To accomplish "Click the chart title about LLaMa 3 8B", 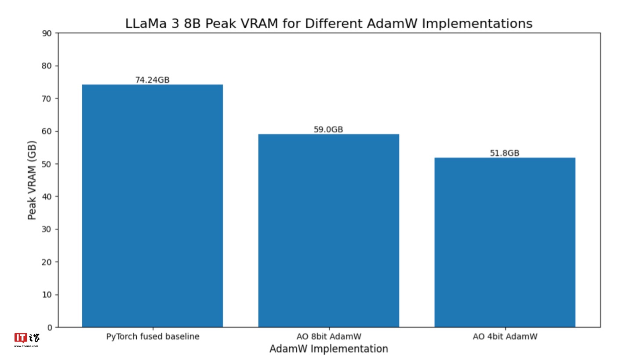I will pos(329,23).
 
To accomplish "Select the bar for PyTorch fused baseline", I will pos(152,206).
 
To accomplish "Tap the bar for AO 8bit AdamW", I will pos(328,230).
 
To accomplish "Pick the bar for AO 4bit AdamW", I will pos(505,242).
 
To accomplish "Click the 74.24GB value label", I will pos(152,80).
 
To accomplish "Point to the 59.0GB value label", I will pos(328,130).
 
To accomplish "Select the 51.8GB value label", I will pos(505,153).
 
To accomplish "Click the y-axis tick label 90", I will pos(47,33).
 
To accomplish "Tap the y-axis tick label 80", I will pos(47,66).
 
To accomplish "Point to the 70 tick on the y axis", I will pos(47,98).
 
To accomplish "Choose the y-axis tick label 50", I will pos(47,164).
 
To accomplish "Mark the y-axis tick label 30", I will pos(47,229).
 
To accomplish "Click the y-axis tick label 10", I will pos(47,295).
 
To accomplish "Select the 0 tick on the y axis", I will pos(49,327).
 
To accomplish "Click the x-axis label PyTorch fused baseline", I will pos(153,337).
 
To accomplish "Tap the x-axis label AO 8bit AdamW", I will pos(329,337).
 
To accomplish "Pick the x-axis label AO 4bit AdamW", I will pos(505,337).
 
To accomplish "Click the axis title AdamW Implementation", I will pos(329,349).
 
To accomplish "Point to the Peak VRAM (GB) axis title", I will pos(32,180).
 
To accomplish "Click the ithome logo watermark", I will pos(26,340).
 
